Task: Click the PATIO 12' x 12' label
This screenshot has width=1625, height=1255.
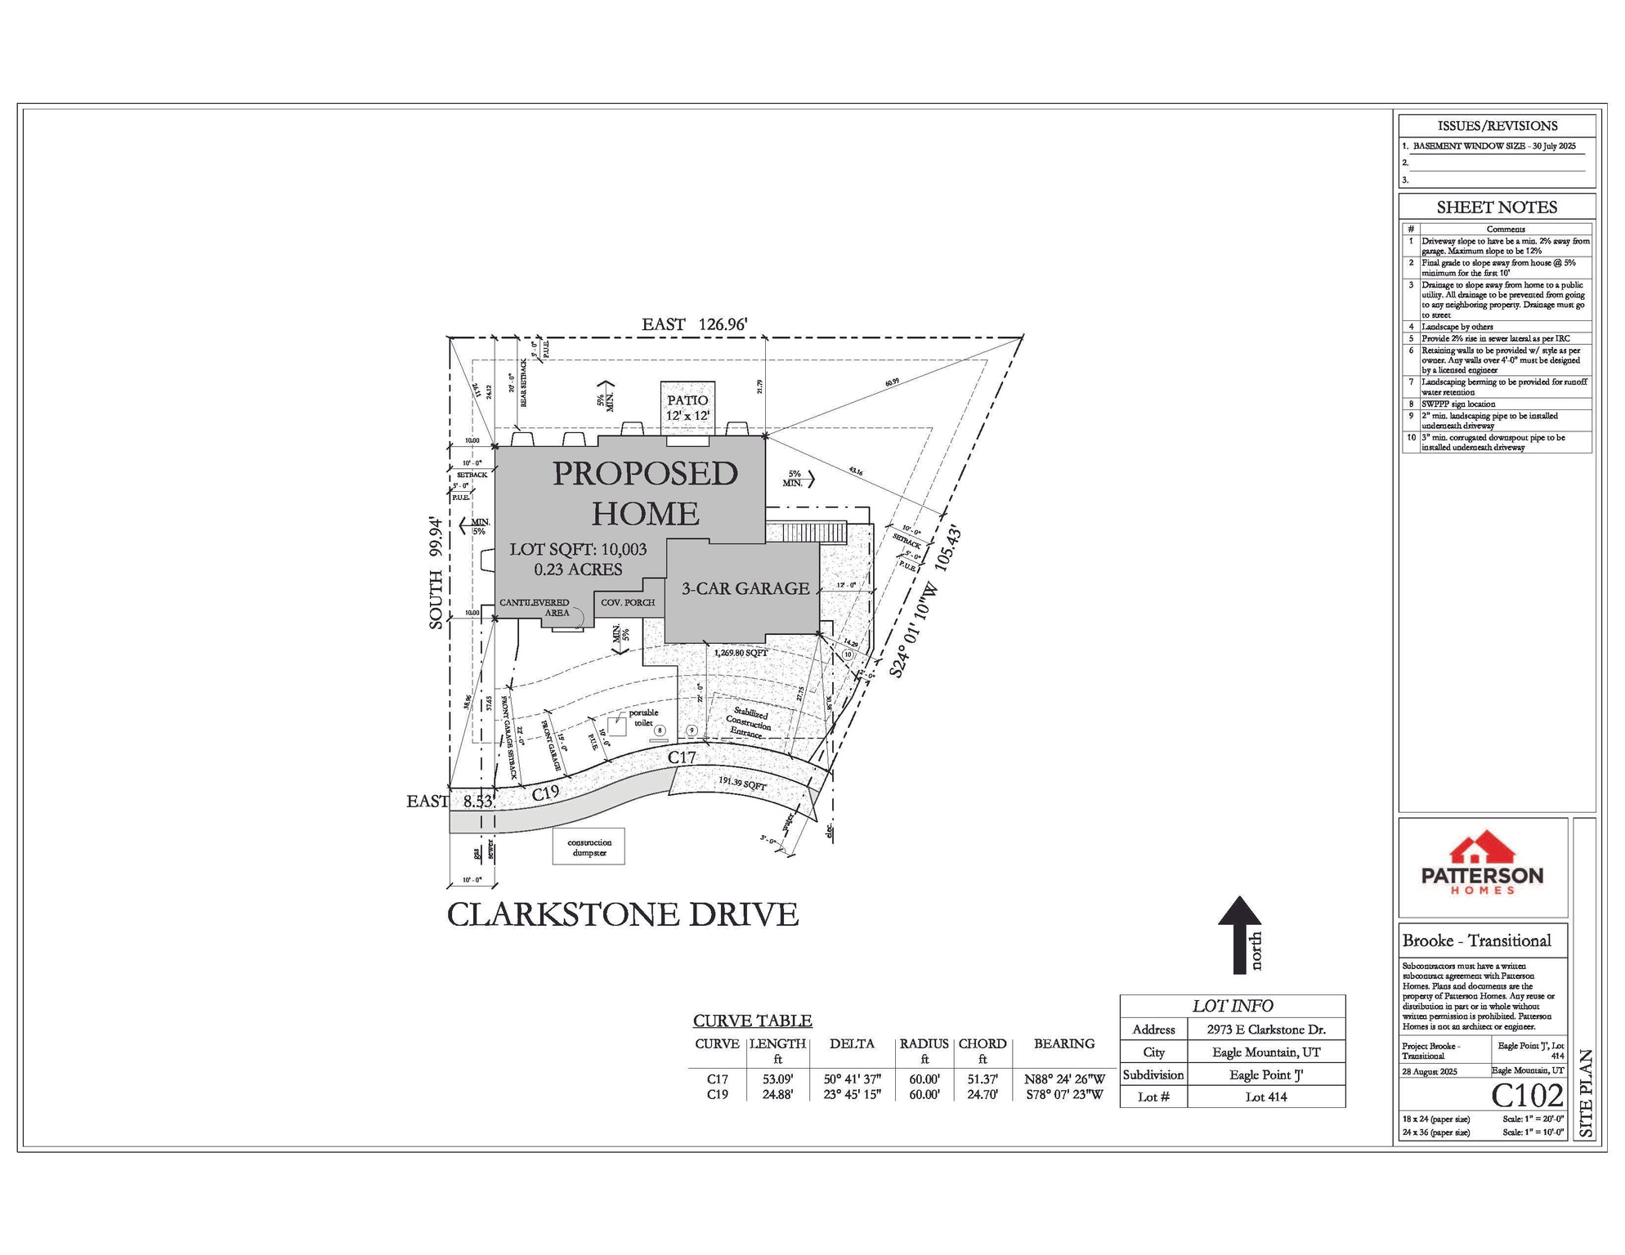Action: (x=687, y=407)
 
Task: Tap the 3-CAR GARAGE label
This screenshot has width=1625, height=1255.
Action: (x=745, y=588)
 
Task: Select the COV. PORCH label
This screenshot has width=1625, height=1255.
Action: (x=628, y=603)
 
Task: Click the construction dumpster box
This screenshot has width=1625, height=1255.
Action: (x=589, y=847)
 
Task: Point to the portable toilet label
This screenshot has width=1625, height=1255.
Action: (x=642, y=717)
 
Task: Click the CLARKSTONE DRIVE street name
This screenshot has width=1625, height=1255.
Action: (x=622, y=914)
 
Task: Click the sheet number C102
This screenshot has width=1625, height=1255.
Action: (x=1527, y=1095)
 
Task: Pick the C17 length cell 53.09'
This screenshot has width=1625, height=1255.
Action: (x=777, y=1079)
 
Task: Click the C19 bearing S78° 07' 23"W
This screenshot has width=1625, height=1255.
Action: (x=1064, y=1095)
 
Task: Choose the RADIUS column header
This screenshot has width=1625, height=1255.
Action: (x=924, y=1043)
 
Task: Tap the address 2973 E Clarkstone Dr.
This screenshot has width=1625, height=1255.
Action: (x=1265, y=1029)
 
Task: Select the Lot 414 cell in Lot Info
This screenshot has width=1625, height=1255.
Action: (x=1265, y=1096)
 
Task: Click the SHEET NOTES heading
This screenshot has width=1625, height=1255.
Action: (x=1497, y=208)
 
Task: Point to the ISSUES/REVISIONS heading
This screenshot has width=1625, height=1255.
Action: (x=1497, y=126)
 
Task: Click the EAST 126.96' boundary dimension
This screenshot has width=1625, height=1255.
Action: (x=694, y=324)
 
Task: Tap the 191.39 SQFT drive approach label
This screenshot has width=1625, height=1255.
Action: (x=742, y=784)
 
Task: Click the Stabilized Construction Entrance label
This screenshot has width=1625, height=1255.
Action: (x=749, y=723)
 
